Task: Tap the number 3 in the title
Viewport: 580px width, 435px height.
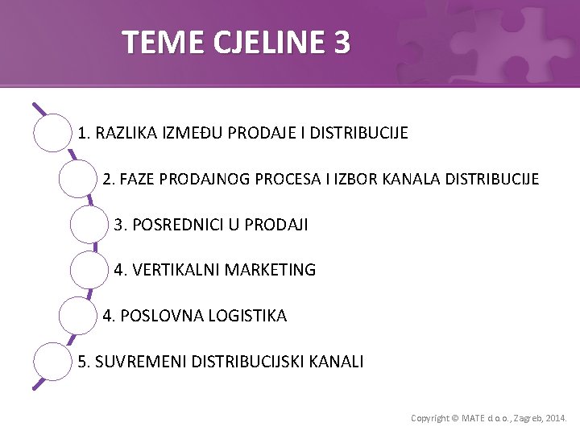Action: point(342,42)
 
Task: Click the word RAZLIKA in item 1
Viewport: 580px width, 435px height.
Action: point(125,132)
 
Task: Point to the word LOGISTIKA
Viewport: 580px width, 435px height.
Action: point(247,316)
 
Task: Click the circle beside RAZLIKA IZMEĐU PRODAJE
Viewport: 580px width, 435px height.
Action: point(52,132)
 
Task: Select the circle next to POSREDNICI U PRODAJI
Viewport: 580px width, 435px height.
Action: point(89,225)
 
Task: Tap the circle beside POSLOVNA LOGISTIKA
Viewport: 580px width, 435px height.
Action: point(78,316)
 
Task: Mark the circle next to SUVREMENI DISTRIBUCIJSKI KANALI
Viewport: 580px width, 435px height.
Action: point(52,362)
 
